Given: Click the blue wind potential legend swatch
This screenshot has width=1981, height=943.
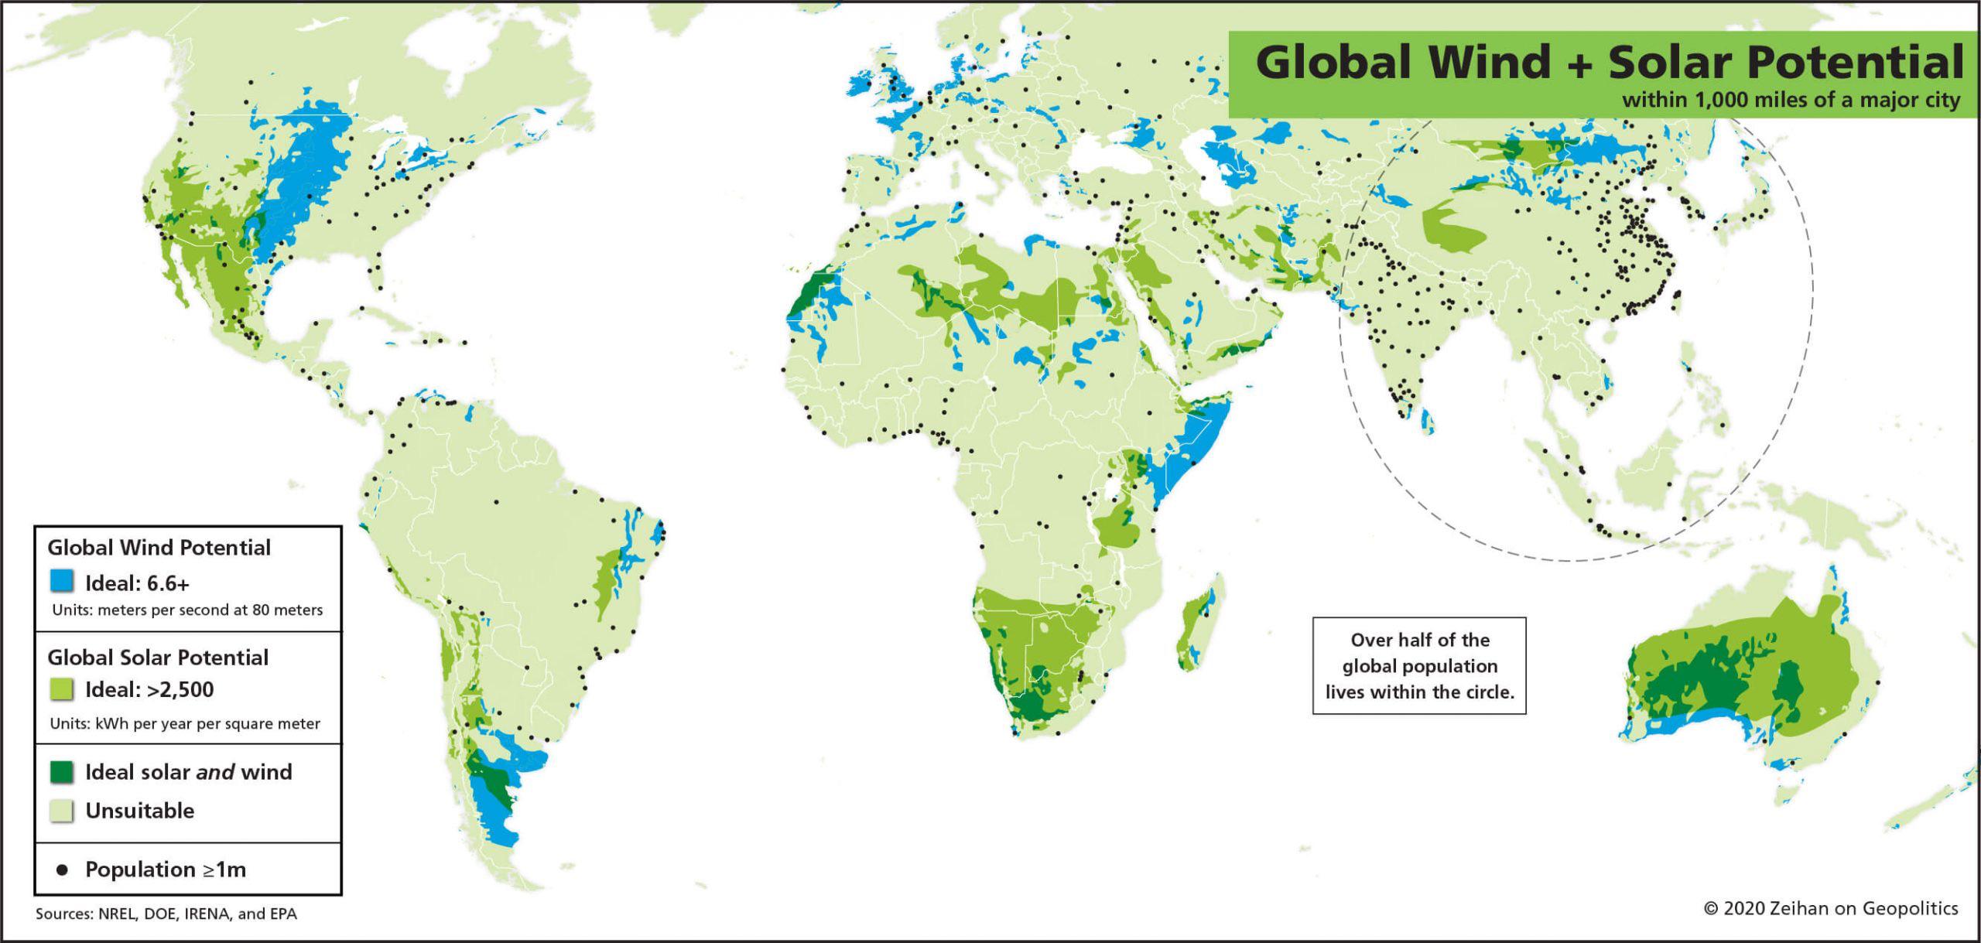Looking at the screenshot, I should point(62,581).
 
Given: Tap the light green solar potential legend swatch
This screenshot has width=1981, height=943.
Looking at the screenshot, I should point(62,688).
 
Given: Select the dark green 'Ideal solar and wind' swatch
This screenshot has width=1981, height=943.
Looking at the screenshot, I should point(62,771).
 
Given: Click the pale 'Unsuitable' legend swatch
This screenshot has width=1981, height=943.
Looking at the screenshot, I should point(62,811).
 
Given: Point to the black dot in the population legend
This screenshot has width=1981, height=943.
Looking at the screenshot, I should point(62,870).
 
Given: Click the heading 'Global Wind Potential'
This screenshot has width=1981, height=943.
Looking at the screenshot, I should point(159,548).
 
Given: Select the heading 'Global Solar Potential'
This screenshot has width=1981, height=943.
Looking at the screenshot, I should point(158,658).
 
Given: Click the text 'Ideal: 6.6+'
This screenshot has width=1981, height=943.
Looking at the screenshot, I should point(137,583).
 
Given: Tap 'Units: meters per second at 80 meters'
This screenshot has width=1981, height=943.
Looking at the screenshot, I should point(187,610).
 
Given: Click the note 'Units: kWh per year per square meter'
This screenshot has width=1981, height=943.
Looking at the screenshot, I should point(185,724).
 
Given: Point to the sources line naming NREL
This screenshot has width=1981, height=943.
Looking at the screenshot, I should point(166,914).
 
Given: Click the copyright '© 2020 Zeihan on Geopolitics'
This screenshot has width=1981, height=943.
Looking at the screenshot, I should point(1831,908).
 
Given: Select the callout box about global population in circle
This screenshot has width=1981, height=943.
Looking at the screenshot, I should point(1419,665).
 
